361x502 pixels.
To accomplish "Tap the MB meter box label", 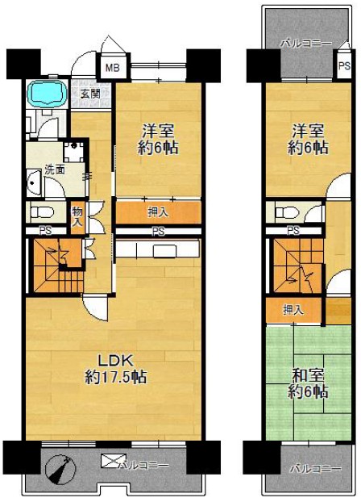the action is [x=113, y=68].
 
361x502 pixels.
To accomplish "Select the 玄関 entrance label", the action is [x=90, y=94].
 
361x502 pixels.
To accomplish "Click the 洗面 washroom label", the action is [x=55, y=169].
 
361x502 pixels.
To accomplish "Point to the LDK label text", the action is [x=115, y=361].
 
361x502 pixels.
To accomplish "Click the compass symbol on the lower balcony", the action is [x=60, y=471].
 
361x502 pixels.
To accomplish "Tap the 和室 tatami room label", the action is [x=308, y=375].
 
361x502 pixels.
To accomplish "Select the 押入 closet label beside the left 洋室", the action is [x=158, y=212].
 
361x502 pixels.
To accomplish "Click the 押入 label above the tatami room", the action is [x=293, y=310].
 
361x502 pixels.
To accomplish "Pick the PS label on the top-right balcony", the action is [x=344, y=66].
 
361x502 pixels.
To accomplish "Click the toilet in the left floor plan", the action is [x=42, y=212].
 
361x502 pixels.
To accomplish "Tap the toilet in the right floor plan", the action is [x=286, y=212].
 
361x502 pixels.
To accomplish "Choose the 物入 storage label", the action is [x=77, y=217].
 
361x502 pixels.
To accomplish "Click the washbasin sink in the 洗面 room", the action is [x=33, y=183].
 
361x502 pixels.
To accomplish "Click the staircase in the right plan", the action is [x=298, y=266].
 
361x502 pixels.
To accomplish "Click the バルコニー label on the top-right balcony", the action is [x=305, y=44].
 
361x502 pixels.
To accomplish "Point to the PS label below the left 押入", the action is [x=158, y=231].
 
